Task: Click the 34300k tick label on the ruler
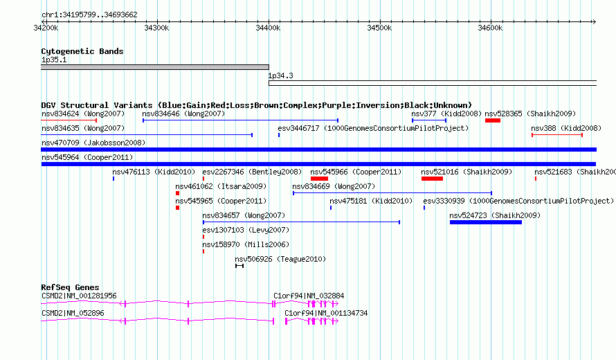pos(156,28)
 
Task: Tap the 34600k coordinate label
pos(490,28)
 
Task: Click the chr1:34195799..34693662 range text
pos(89,15)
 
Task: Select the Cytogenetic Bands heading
pos(82,51)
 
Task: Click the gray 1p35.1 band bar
pos(155,67)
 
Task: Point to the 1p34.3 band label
pos(280,75)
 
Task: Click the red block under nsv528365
pos(493,120)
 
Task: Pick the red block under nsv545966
pos(319,179)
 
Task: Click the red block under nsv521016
pos(432,179)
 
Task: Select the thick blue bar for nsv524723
pos(486,222)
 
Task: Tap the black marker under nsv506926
pos(239,266)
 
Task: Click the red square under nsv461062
pos(178,193)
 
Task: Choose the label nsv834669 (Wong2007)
pos(334,186)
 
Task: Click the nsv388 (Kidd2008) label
pos(565,128)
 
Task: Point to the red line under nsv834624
pos(69,120)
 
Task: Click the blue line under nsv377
pos(429,120)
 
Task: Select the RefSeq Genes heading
pos(71,287)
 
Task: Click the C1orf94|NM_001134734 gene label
pos(326,313)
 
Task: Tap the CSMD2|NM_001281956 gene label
pos(79,296)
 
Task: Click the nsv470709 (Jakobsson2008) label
pos(93,143)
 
